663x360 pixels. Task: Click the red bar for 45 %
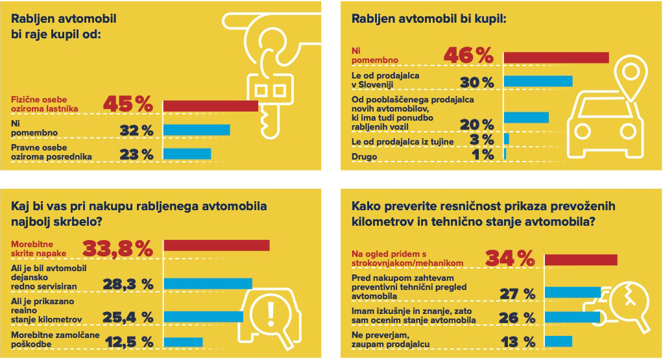click(x=210, y=106)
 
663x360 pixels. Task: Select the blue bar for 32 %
click(x=197, y=130)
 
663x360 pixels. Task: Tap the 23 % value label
click(x=137, y=154)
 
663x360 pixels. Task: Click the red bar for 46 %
click(x=556, y=58)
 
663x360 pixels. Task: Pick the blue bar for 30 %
click(x=538, y=81)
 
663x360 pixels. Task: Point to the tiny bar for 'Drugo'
click(x=505, y=154)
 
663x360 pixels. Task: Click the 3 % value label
click(x=482, y=139)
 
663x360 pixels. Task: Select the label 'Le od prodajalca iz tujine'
click(x=403, y=141)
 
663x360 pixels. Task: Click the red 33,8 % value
click(x=117, y=248)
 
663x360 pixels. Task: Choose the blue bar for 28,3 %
click(x=208, y=283)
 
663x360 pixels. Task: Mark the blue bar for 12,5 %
click(x=183, y=341)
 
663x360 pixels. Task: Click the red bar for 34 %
click(x=581, y=260)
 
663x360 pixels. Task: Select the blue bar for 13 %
click(x=559, y=341)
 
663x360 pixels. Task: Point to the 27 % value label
click(x=517, y=294)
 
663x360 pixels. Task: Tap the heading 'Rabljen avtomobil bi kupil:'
click(x=428, y=19)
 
